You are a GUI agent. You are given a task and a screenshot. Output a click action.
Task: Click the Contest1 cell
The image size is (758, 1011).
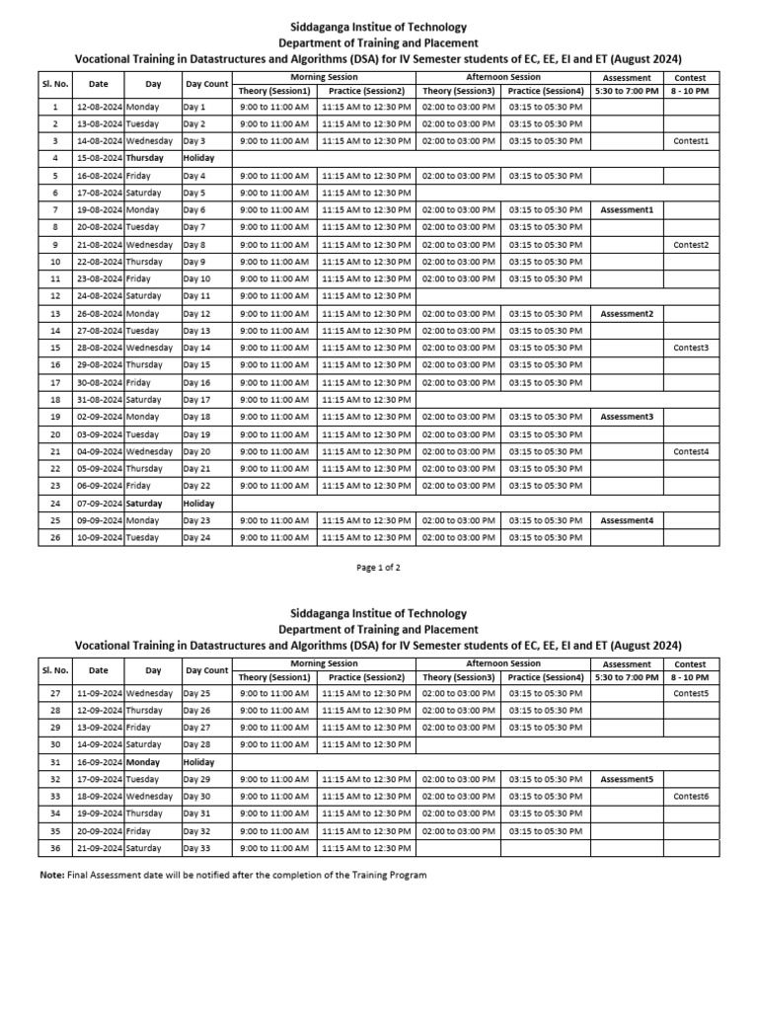[x=691, y=141]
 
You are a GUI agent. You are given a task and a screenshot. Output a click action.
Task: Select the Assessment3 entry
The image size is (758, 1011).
[x=627, y=417]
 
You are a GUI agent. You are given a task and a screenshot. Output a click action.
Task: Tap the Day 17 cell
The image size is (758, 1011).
[x=196, y=400]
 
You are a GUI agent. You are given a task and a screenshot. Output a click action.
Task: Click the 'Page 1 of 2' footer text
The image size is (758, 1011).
[x=378, y=568]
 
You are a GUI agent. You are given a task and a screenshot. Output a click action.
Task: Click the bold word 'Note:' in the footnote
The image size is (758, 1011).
[x=51, y=875]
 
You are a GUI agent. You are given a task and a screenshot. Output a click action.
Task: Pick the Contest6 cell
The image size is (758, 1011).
[x=691, y=796]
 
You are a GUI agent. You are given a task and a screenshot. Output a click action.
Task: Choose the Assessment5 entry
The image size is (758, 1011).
[x=627, y=779]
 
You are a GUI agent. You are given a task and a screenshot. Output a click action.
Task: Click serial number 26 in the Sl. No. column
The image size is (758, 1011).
[x=56, y=538]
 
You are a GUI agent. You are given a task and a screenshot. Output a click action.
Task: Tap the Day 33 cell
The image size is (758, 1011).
[x=196, y=848]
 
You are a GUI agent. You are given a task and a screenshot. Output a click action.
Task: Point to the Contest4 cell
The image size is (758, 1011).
[x=691, y=451]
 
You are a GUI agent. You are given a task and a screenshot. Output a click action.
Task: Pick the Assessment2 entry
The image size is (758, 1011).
[x=627, y=314]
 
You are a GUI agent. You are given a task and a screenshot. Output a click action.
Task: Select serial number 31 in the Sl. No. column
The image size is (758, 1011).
[x=56, y=762]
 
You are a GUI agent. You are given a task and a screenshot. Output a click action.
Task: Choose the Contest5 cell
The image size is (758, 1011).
[x=691, y=693]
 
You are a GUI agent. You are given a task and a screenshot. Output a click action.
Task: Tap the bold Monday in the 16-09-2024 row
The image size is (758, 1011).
[x=142, y=762]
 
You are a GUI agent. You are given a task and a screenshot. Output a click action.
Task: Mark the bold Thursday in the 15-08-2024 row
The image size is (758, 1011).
[x=145, y=158]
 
